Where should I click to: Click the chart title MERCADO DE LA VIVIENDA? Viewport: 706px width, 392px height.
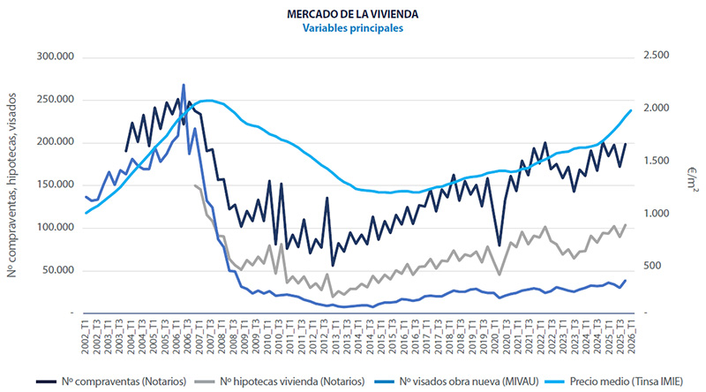(352, 14)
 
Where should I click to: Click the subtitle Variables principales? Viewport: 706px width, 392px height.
(352, 28)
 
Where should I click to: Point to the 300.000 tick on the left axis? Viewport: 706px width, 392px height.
(53, 57)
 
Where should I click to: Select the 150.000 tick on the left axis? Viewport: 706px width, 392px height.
(53, 185)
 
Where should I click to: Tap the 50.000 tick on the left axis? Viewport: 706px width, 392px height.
(56, 269)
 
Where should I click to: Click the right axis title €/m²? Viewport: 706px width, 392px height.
(687, 182)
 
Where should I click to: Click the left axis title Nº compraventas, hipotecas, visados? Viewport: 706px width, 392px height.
(15, 184)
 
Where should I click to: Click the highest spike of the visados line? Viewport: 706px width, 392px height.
(184, 86)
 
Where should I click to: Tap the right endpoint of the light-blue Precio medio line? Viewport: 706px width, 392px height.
(631, 110)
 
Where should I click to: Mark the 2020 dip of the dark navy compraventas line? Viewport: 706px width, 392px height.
(499, 245)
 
